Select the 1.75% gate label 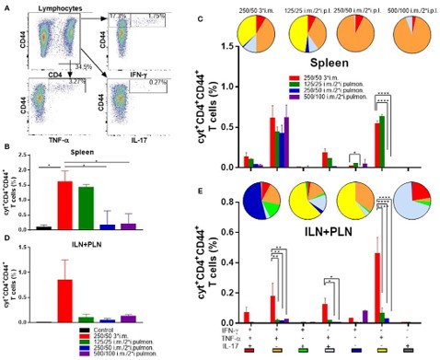[157, 17]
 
